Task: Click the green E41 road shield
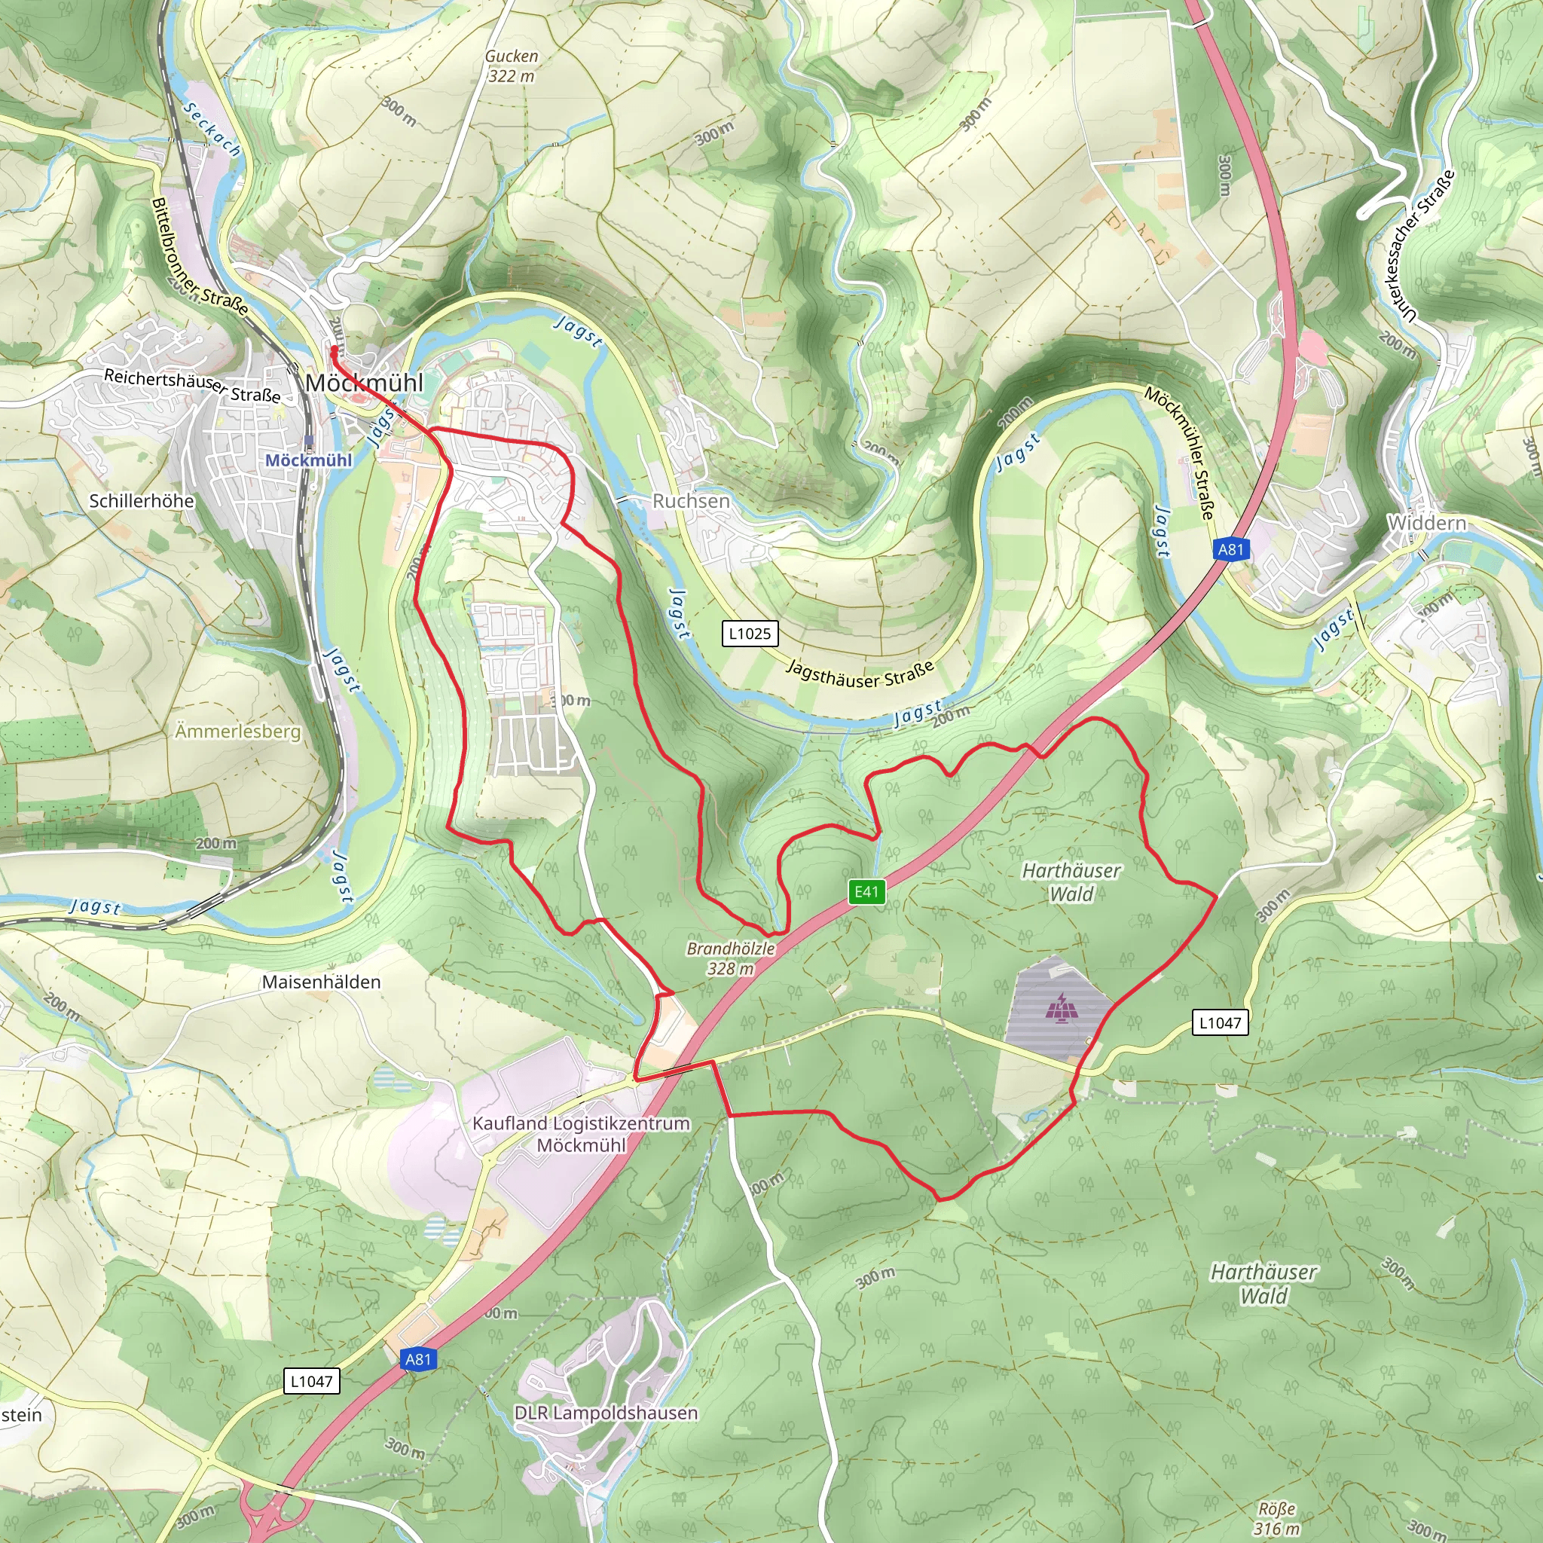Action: click(866, 891)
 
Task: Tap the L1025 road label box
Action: click(749, 634)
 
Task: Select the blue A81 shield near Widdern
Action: click(1231, 548)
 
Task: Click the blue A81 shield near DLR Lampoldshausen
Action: click(417, 1358)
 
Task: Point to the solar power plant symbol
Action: click(1062, 1008)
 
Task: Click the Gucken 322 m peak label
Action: click(511, 66)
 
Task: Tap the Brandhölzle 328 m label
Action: click(730, 958)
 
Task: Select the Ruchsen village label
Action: click(691, 501)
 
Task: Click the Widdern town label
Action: click(1427, 522)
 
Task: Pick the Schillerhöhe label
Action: click(142, 501)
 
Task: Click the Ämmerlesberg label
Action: click(238, 731)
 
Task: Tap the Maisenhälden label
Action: click(321, 982)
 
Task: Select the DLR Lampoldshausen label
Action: click(606, 1412)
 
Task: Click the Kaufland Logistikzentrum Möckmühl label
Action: click(581, 1133)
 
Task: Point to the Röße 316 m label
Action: click(1276, 1518)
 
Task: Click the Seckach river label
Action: click(212, 128)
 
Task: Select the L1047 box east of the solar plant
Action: click(1220, 1022)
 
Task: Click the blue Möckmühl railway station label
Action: click(308, 460)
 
